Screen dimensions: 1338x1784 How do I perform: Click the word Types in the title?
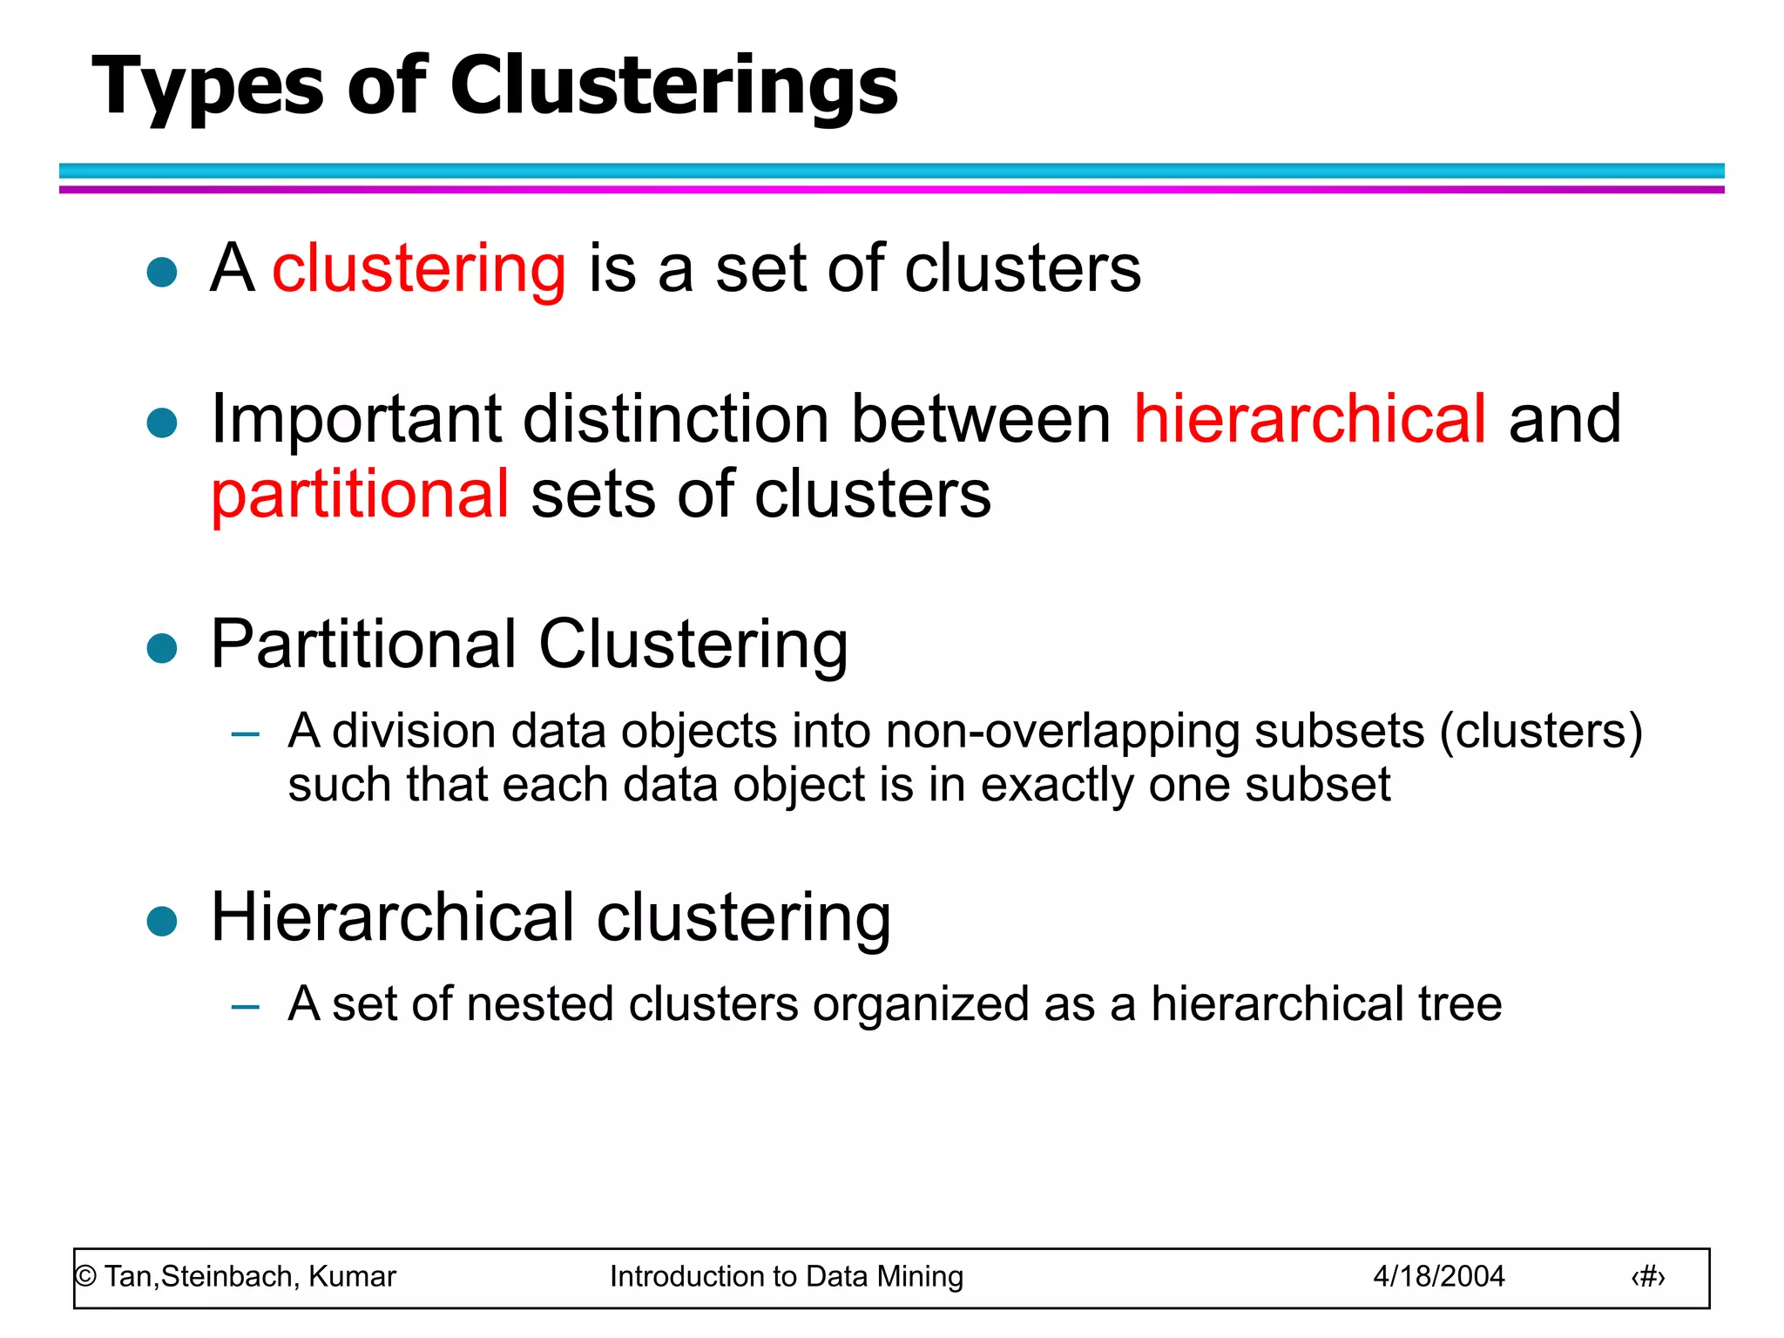pos(207,87)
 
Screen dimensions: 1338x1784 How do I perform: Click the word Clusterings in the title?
pos(673,87)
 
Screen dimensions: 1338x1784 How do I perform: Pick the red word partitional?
pos(360,495)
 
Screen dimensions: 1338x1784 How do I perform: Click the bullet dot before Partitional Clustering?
pos(162,648)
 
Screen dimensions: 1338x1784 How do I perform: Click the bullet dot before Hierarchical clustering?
pos(162,921)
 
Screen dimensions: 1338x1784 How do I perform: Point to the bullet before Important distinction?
pos(162,423)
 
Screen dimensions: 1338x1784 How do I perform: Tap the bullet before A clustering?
pos(162,272)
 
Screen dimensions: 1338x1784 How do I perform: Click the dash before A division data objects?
pos(246,734)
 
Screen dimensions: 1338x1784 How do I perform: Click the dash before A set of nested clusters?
pos(246,1008)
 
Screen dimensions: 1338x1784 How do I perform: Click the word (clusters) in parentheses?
pos(1540,732)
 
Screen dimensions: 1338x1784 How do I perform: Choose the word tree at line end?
pos(1459,1004)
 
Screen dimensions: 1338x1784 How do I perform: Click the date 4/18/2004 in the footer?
pos(1438,1276)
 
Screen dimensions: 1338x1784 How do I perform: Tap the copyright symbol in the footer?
pos(85,1277)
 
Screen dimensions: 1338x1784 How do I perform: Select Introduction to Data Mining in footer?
pos(786,1276)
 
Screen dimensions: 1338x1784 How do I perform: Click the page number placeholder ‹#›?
pos(1647,1277)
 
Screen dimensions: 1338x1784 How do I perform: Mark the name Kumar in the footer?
pos(352,1276)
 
